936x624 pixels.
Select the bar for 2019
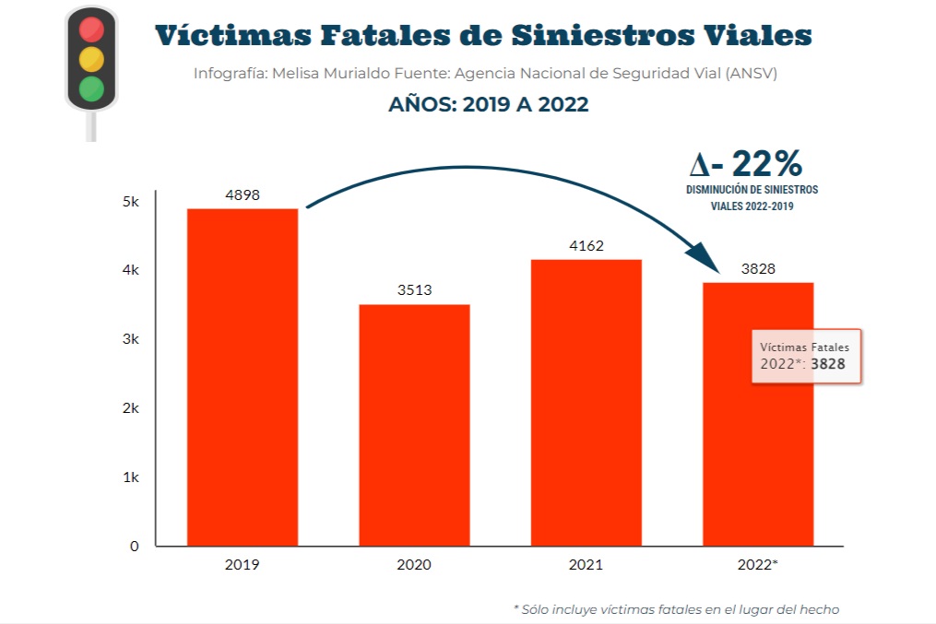(243, 377)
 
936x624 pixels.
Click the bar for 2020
(414, 425)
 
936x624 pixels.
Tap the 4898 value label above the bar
(243, 195)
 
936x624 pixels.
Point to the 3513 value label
(414, 290)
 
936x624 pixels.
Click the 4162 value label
(586, 246)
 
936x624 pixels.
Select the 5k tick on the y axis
(130, 201)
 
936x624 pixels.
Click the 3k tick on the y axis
(130, 339)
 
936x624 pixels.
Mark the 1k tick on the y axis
(130, 477)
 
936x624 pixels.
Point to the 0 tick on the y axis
(135, 546)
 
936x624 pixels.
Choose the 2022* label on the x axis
(758, 564)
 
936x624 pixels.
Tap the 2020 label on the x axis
(414, 564)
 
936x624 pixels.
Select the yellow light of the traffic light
(90, 59)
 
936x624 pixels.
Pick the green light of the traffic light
(90, 88)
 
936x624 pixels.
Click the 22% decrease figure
(747, 164)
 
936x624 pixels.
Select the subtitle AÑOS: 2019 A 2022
(488, 104)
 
